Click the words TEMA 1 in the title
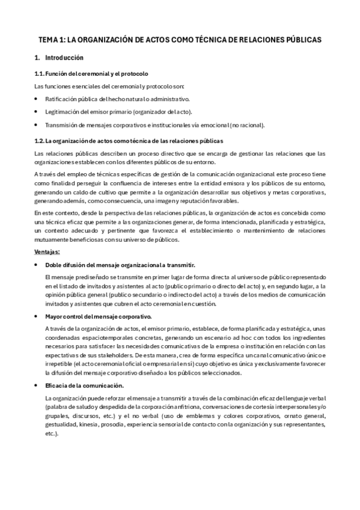(x=50, y=39)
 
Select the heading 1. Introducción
(x=59, y=58)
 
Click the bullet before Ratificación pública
(x=37, y=99)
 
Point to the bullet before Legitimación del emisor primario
(x=37, y=112)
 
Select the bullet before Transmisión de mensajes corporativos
(x=37, y=125)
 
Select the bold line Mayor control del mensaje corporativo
(x=99, y=316)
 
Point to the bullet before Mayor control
(x=37, y=316)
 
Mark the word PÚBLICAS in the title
(x=302, y=39)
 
